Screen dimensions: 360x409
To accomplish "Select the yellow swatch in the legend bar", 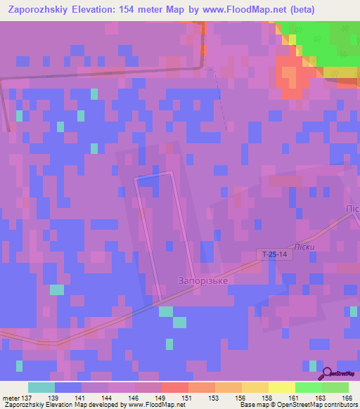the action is tap(281, 387).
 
